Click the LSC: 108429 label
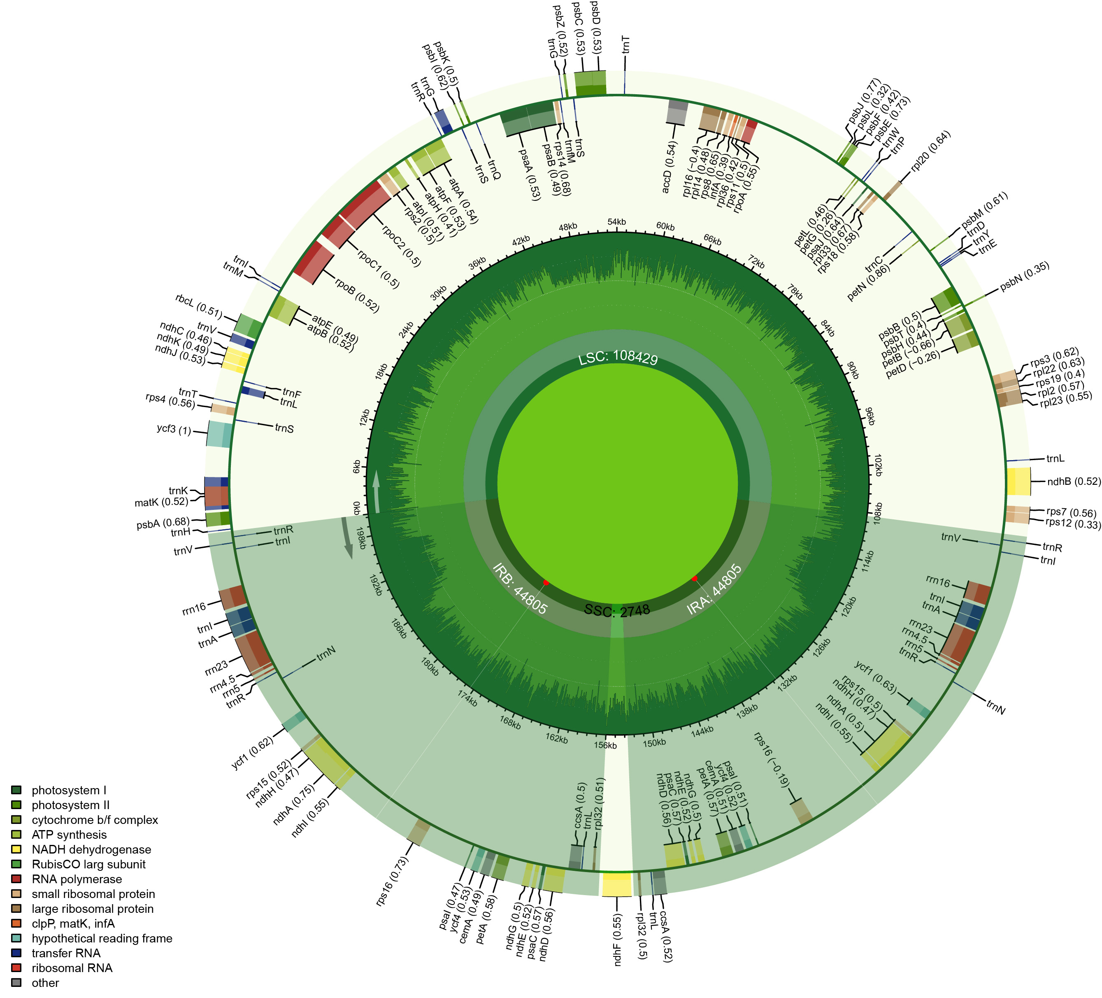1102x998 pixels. pos(618,358)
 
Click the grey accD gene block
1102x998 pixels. pos(677,113)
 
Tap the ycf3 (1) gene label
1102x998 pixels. pos(174,430)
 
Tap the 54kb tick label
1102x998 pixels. pos(616,222)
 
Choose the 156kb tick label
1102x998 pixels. pos(606,745)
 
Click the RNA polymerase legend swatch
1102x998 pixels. pos(16,879)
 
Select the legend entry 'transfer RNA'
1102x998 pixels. pos(65,953)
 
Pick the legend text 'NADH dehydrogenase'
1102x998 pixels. pos(91,849)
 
